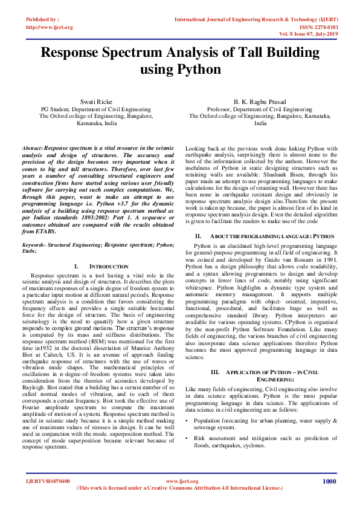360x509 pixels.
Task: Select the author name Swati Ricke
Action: (x=89, y=101)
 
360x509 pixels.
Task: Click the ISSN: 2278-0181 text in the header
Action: (x=330, y=27)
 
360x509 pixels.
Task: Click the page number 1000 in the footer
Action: (x=329, y=481)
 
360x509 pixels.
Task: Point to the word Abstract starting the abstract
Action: (x=32, y=148)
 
